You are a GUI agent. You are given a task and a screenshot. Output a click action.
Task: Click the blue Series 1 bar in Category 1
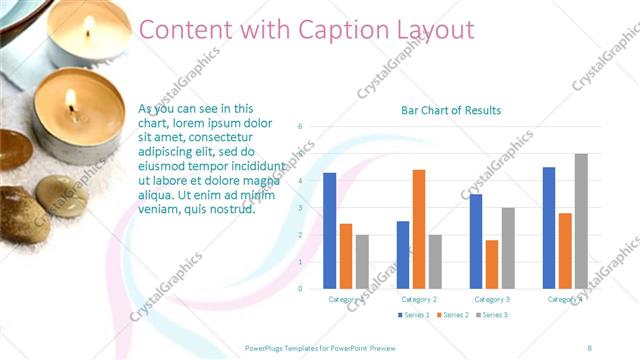(x=329, y=231)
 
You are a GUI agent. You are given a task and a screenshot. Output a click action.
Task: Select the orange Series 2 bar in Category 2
(x=418, y=229)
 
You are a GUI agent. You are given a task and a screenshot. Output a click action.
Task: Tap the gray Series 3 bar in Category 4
(x=581, y=221)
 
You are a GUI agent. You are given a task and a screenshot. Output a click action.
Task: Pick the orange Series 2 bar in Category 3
(x=491, y=264)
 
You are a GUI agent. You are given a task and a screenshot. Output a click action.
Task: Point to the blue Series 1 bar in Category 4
(x=549, y=228)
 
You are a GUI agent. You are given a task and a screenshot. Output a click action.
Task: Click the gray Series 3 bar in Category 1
(x=361, y=262)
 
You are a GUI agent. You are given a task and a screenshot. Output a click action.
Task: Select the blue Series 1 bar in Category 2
(x=402, y=255)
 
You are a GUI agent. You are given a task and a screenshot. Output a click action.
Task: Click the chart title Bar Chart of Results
(x=451, y=110)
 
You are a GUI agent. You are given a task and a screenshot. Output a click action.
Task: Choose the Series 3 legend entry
(x=490, y=315)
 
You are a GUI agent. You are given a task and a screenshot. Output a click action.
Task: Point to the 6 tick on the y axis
(x=301, y=127)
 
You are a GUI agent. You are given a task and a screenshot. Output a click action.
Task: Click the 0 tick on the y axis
(x=301, y=289)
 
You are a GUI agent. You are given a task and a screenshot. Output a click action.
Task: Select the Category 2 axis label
(x=418, y=299)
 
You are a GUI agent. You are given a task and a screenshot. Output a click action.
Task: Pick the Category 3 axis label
(x=491, y=299)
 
